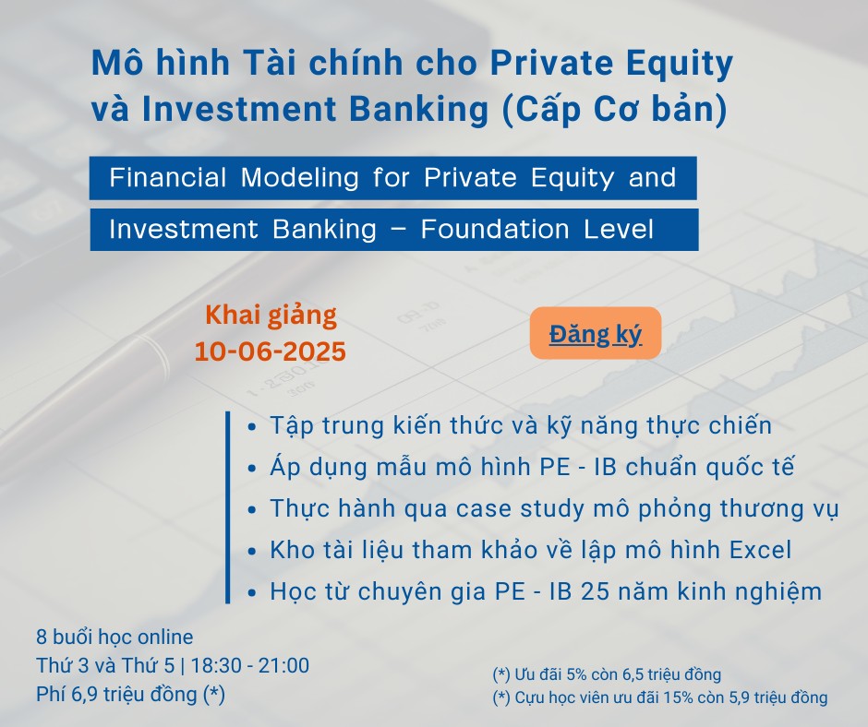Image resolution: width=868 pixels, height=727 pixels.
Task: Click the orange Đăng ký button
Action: click(x=596, y=333)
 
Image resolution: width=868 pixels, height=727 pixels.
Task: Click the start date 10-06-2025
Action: click(x=271, y=352)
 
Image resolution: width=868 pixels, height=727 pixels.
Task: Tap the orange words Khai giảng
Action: click(x=271, y=316)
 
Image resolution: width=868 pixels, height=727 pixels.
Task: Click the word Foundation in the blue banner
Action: click(x=495, y=229)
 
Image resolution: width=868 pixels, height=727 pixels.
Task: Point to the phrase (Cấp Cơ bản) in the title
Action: click(x=613, y=109)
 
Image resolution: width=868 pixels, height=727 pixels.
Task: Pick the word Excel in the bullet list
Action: click(x=760, y=550)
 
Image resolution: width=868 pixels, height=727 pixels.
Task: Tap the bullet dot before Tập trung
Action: click(x=252, y=427)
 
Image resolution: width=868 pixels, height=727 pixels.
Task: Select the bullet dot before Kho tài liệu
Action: click(x=252, y=552)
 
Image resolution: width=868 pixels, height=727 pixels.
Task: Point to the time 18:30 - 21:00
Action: click(x=249, y=665)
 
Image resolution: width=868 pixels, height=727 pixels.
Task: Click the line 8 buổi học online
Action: click(x=115, y=638)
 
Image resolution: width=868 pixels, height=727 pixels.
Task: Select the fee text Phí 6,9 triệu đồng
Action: click(x=130, y=695)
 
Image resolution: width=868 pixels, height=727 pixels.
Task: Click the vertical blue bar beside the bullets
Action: click(x=227, y=507)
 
